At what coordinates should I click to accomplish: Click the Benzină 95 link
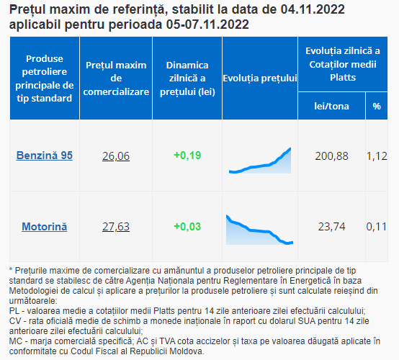[x=45, y=156]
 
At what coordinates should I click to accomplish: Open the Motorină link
[x=45, y=226]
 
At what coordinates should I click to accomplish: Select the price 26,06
[x=116, y=156]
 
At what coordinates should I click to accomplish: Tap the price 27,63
[x=116, y=226]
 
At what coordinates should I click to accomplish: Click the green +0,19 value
[x=187, y=156]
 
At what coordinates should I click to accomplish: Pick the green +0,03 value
[x=187, y=226]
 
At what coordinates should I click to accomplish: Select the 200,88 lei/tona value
[x=331, y=156]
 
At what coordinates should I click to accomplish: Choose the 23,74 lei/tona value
[x=331, y=226]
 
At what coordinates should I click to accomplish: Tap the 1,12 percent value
[x=377, y=156]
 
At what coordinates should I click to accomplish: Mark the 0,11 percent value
[x=377, y=226]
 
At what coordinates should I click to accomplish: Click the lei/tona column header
[x=331, y=106]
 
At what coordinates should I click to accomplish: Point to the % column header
[x=377, y=106]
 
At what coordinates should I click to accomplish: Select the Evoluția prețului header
[x=260, y=78]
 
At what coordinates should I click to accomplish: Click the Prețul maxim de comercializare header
[x=116, y=78]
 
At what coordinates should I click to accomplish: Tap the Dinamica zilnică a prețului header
[x=187, y=78]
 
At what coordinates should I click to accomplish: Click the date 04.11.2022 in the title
[x=313, y=9]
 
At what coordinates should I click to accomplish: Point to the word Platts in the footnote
[x=164, y=311]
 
